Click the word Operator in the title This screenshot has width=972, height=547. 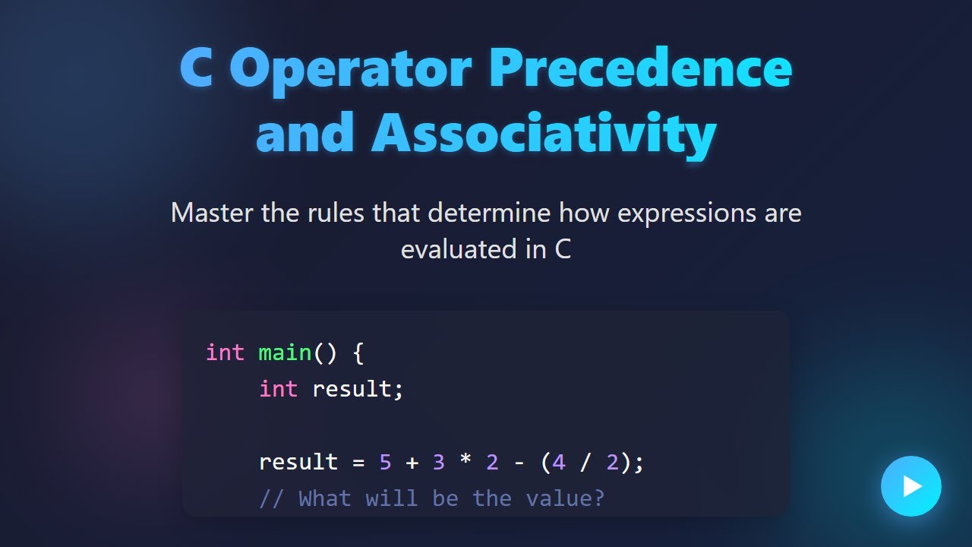(x=350, y=68)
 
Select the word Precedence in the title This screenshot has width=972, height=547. (x=640, y=68)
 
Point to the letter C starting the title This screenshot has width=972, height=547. (x=196, y=68)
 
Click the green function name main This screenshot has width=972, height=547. (x=285, y=353)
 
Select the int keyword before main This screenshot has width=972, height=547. (x=225, y=353)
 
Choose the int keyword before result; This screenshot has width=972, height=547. (x=278, y=389)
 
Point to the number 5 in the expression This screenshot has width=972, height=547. (x=385, y=462)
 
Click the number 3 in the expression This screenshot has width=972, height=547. (x=438, y=462)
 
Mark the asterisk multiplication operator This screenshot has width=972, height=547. (x=465, y=462)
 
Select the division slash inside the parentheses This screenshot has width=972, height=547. (x=585, y=462)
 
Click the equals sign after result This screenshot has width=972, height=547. (x=358, y=462)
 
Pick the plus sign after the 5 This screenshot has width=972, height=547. (x=412, y=462)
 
